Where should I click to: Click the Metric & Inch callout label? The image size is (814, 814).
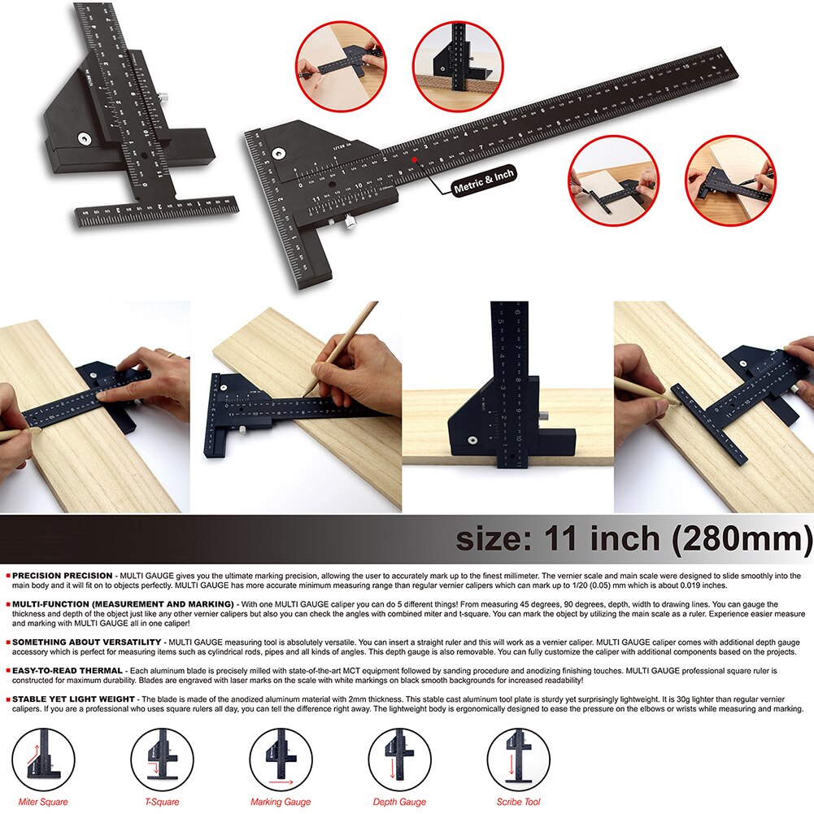coord(485,181)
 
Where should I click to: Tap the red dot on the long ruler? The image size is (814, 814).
coord(415,160)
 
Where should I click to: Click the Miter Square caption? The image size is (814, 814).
coord(43,802)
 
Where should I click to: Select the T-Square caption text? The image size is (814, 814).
coord(162,802)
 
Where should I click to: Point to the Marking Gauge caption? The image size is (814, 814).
coord(281,802)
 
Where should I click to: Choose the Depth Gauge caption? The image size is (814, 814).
coord(399,802)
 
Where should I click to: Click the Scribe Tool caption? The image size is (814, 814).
coord(518,802)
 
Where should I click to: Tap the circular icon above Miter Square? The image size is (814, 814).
coord(44,760)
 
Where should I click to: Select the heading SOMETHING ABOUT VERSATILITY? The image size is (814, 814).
coord(85,642)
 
